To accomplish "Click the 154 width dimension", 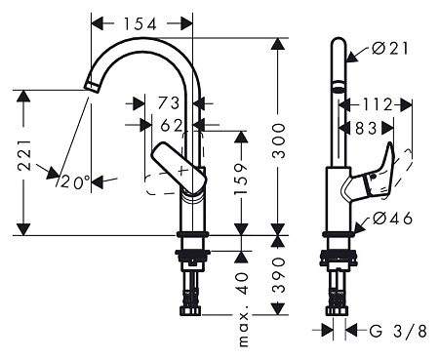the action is click(x=140, y=23).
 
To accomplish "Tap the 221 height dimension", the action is click(x=24, y=155).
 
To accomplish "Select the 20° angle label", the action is click(x=75, y=181).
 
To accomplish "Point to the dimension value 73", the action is click(x=169, y=103).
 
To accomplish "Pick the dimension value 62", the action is click(x=172, y=125).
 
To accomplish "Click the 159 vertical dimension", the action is click(x=241, y=179).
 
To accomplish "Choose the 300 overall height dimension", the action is click(x=278, y=140).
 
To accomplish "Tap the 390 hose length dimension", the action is click(x=278, y=274).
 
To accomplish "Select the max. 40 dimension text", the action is click(x=243, y=309).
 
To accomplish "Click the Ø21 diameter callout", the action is click(x=390, y=49).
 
